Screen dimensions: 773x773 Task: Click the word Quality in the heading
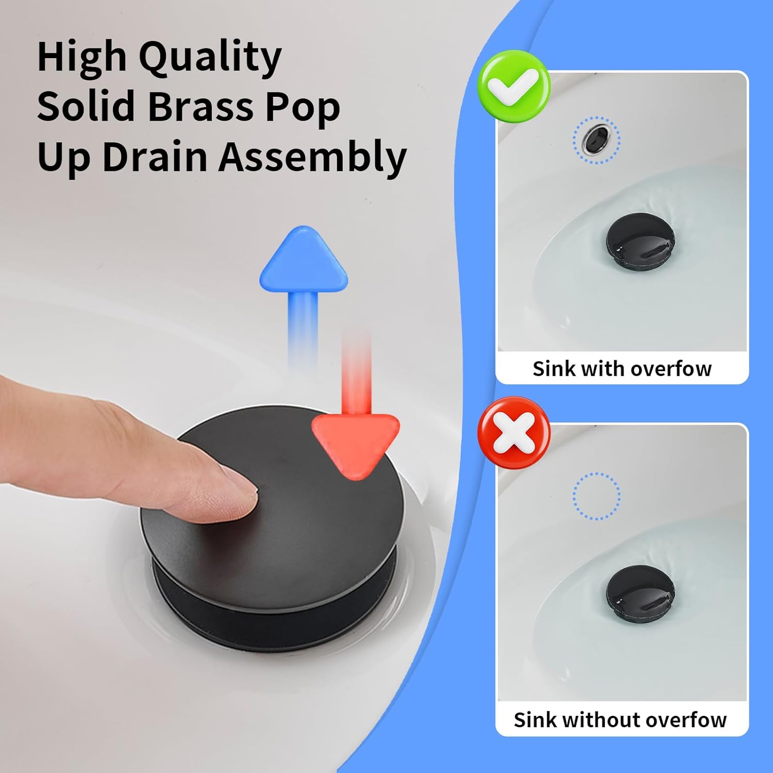pos(210,58)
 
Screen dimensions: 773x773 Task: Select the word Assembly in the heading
pos(313,157)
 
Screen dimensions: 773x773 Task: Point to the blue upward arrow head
pos(304,260)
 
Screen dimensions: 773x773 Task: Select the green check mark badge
pos(514,86)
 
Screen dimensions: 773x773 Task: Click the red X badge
pos(514,432)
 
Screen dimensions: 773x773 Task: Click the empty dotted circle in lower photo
pos(596,496)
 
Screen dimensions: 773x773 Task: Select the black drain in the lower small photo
pos(640,595)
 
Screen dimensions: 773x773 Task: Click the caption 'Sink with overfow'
pos(622,369)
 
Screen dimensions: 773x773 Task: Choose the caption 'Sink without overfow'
pos(620,720)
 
